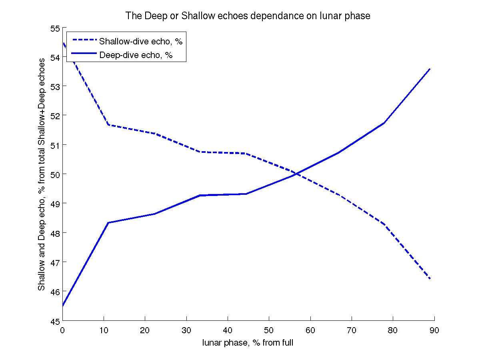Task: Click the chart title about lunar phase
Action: point(248,16)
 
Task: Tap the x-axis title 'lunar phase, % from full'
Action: point(248,342)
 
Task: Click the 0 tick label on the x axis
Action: point(63,330)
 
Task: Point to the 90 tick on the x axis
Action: point(434,330)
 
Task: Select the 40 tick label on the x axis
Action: point(228,330)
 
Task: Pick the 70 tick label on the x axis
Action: point(351,330)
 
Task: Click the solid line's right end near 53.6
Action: point(430,69)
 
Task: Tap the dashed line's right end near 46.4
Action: point(430,278)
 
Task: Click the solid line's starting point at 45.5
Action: point(63,306)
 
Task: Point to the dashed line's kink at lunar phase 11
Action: point(108,125)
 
